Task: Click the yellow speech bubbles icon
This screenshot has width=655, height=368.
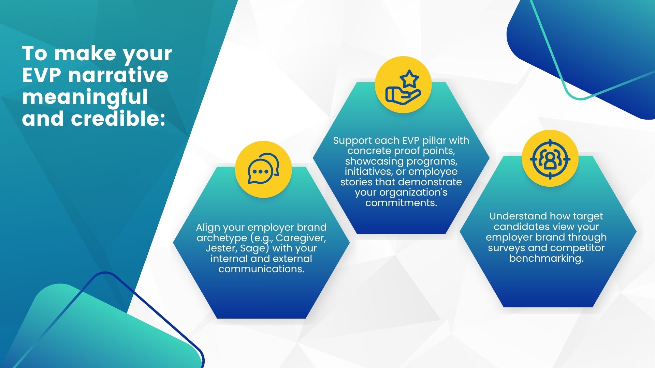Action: [x=263, y=169]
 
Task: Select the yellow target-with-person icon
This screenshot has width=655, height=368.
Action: [x=550, y=159]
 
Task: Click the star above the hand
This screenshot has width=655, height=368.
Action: [x=409, y=79]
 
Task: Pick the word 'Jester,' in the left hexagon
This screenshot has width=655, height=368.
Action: [x=220, y=248]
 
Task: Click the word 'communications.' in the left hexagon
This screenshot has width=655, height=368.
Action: [x=261, y=269]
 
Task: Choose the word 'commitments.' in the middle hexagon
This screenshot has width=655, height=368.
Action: [x=401, y=203]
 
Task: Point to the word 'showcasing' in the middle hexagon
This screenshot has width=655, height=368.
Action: [x=375, y=162]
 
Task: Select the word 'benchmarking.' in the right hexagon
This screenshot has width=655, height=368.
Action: [x=546, y=258]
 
